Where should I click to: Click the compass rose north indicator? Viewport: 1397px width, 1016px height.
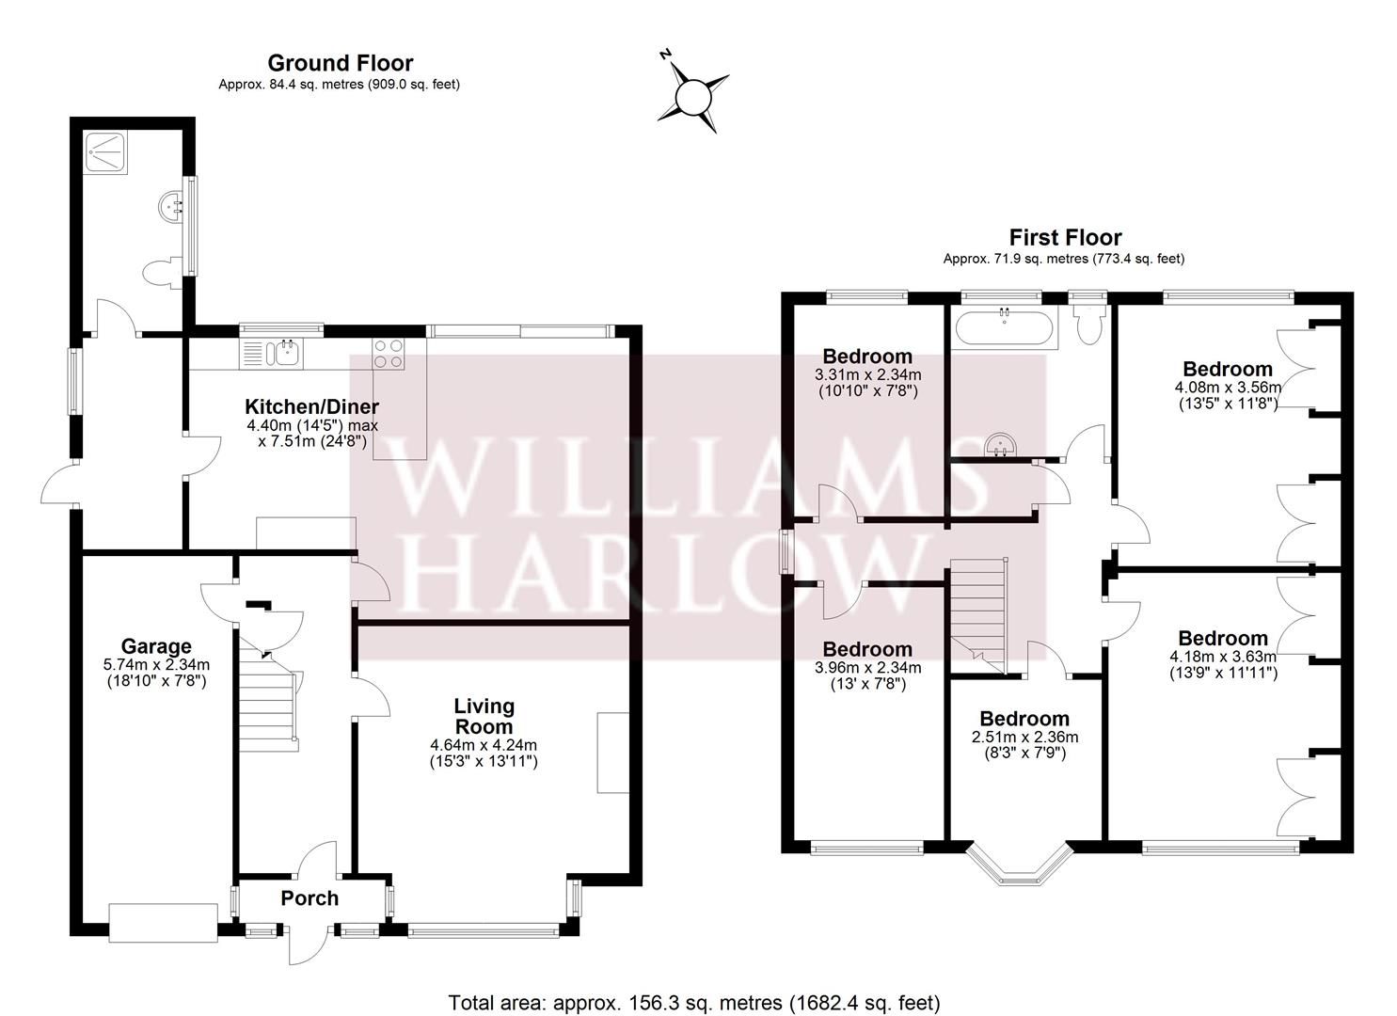point(693,95)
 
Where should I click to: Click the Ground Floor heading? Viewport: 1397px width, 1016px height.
point(340,63)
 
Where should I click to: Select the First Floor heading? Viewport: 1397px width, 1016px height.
point(1064,237)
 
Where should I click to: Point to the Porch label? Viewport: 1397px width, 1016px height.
point(310,898)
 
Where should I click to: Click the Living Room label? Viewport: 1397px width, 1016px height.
point(484,716)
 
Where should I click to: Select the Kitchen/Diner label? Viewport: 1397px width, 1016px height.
point(311,406)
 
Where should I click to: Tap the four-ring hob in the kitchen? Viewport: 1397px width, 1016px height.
point(389,353)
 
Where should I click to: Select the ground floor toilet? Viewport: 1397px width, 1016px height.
point(160,272)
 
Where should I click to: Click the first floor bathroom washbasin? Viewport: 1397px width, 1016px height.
point(1000,447)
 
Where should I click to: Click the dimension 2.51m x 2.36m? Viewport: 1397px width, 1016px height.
point(1024,737)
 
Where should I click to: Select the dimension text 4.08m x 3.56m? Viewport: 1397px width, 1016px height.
point(1227,387)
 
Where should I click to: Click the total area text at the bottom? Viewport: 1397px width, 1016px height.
point(694,1003)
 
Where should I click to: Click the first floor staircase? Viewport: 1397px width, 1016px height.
point(978,611)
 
